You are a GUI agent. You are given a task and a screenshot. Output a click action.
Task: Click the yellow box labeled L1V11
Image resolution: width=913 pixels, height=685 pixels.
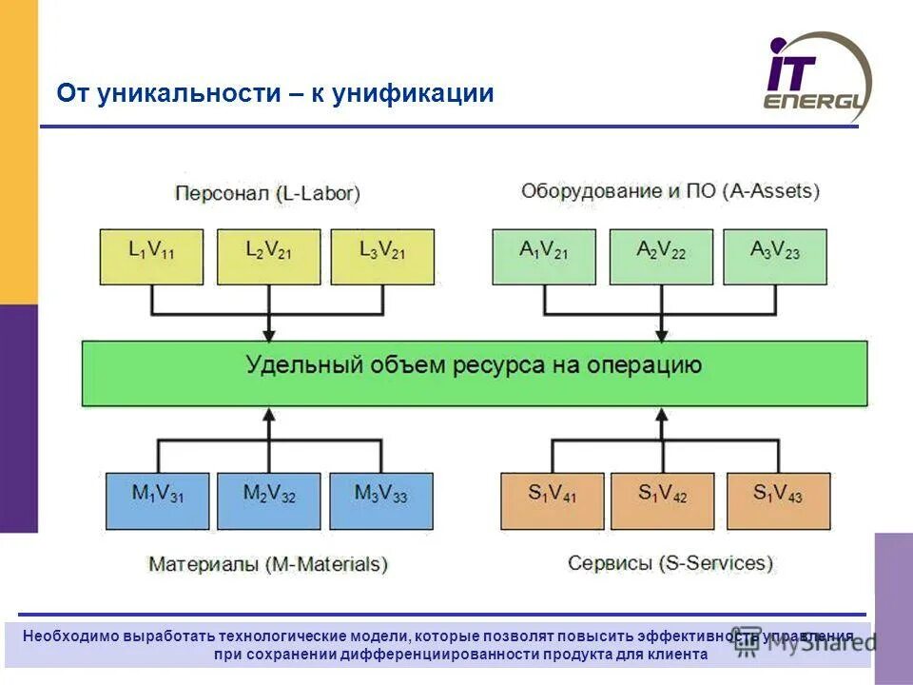click(151, 256)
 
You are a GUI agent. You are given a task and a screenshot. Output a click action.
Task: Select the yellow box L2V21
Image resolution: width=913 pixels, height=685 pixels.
click(268, 256)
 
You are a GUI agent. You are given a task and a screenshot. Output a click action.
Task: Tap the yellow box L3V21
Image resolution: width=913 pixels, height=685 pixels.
click(382, 256)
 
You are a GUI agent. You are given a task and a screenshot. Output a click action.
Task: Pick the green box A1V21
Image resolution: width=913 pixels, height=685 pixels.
click(544, 256)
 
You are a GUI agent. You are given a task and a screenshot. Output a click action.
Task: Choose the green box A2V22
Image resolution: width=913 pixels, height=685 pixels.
click(661, 256)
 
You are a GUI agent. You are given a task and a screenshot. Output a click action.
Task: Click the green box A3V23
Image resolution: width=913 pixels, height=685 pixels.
click(775, 256)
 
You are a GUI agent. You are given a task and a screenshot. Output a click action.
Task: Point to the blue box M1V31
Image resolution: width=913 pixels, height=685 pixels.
click(157, 500)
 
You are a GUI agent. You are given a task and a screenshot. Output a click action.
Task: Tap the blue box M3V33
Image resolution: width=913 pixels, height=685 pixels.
click(381, 500)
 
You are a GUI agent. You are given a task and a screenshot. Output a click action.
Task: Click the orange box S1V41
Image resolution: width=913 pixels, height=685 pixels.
click(553, 500)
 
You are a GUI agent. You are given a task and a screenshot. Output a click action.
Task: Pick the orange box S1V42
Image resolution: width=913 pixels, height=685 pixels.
click(662, 500)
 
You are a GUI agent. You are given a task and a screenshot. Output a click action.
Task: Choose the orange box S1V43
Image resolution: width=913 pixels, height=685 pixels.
click(778, 500)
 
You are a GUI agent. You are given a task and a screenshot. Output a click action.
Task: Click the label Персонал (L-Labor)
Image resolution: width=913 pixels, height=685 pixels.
click(267, 193)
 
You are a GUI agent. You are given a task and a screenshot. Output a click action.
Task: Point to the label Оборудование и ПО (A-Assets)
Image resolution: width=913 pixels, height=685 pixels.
click(670, 191)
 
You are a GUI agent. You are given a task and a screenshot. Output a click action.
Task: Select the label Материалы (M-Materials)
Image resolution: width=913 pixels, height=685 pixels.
click(267, 564)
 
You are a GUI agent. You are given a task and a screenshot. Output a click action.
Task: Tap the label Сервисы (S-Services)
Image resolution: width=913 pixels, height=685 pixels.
click(670, 563)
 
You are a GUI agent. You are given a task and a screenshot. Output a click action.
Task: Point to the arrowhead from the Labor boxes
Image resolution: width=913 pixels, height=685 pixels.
click(268, 334)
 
